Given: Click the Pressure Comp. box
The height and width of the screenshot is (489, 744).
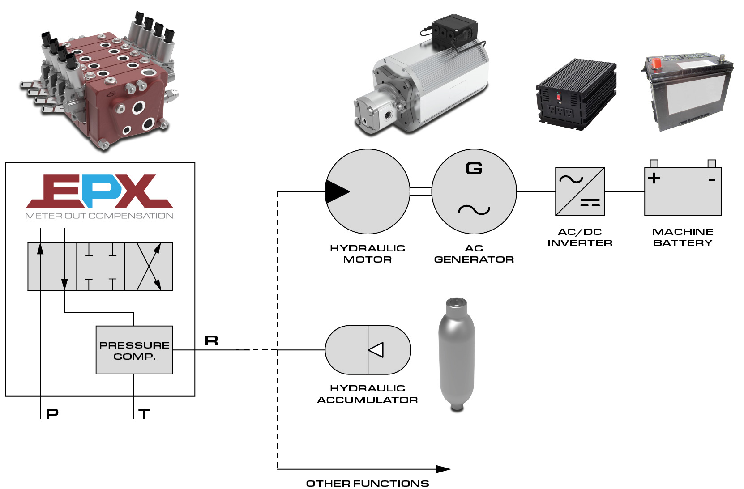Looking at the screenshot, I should coord(134,350).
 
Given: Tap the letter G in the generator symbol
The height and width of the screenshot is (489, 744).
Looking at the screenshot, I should coord(474,169).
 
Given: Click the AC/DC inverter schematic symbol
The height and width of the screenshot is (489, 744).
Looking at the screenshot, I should coord(580,191).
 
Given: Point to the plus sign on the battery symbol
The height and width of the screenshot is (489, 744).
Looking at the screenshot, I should coord(654,178).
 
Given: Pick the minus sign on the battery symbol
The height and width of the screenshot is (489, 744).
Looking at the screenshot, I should coord(711,180).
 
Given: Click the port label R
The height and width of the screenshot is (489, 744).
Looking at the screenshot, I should coord(211,341).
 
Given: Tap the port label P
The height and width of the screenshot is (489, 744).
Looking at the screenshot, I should coord(52,414).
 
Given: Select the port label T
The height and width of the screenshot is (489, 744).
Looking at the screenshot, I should coord(144,414).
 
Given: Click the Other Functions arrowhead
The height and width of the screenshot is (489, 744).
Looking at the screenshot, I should coord(443,469).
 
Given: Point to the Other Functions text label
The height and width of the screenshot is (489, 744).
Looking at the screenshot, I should coord(368,484).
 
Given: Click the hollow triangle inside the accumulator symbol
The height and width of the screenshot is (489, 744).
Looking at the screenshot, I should coord(376,350).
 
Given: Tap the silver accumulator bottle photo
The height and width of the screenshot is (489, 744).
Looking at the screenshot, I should coord(457,353).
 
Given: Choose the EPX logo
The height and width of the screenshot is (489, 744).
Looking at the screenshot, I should coord(99,191).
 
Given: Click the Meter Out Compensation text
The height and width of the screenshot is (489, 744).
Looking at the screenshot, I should coord(99,216).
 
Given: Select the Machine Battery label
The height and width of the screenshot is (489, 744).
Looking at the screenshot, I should coord(683,237).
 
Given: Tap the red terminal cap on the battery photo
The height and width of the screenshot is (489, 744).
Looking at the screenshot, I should coord(657,63).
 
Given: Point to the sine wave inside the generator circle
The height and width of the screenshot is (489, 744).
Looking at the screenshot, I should coord(474,209).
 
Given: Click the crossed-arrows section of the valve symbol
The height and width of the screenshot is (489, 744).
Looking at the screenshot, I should coord(149,267).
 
